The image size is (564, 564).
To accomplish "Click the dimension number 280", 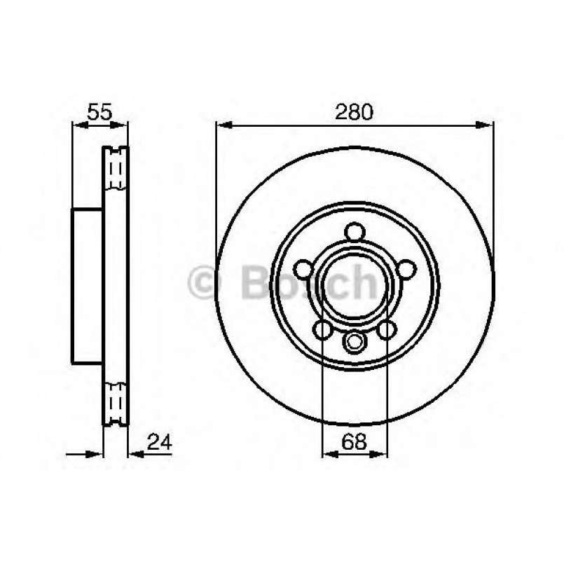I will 355,111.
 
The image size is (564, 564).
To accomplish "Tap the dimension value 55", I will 99,111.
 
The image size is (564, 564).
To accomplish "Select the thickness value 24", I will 159,442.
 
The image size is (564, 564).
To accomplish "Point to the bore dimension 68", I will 354,442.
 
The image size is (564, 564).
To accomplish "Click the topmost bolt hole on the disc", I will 355,233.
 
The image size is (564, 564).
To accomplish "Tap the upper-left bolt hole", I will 303,269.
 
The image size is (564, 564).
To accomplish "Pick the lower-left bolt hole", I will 323,329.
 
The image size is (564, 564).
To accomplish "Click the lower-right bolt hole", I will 386,329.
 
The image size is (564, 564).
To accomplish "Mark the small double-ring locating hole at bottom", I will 355,343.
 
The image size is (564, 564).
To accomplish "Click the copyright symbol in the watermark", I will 205,283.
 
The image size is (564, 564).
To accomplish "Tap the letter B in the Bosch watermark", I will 254,283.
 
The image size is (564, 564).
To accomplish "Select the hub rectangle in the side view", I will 88,286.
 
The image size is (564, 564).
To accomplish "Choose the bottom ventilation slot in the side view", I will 116,403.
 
